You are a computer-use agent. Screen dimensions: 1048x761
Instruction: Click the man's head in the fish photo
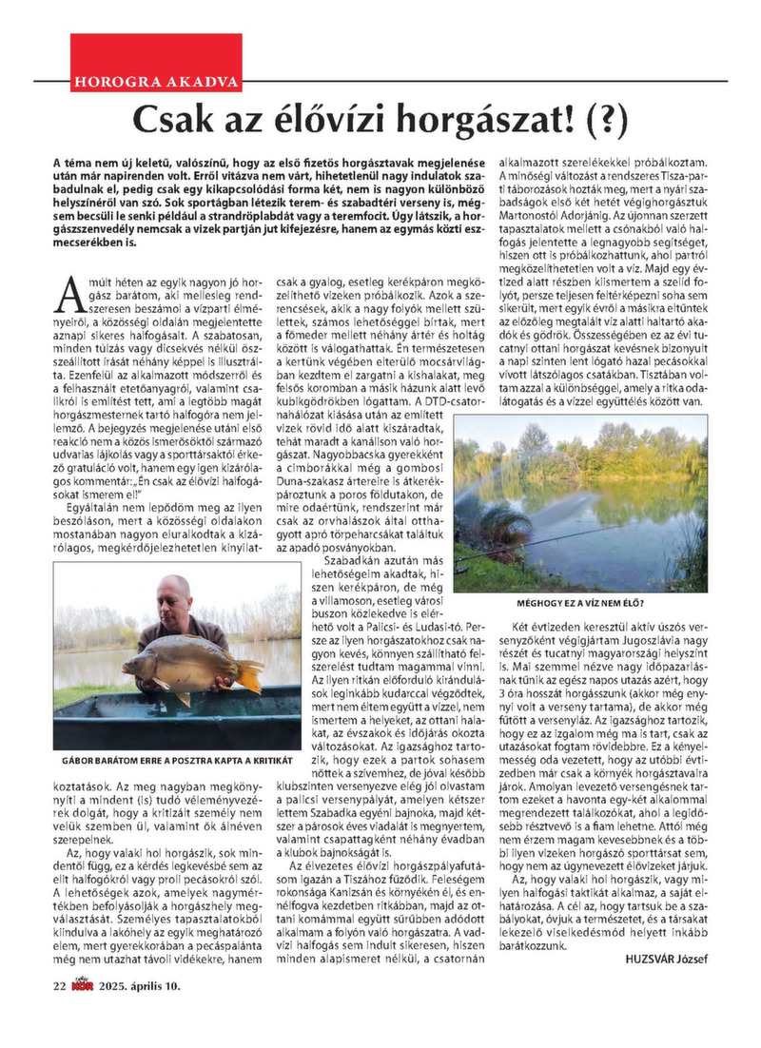click(175, 594)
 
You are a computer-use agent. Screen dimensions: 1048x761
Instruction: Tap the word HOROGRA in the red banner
click(115, 81)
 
